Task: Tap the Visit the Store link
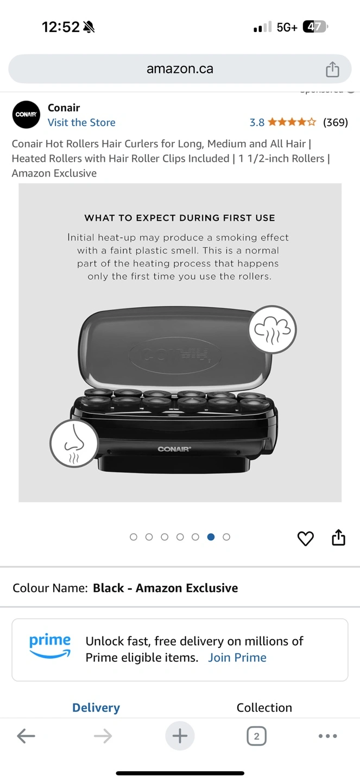pyautogui.click(x=81, y=123)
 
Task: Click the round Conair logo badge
pyautogui.click(x=26, y=115)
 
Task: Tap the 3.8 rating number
pyautogui.click(x=257, y=123)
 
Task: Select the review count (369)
pyautogui.click(x=336, y=122)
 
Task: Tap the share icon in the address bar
pyautogui.click(x=332, y=69)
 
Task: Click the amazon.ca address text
pyautogui.click(x=180, y=69)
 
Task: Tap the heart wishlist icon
pyautogui.click(x=306, y=538)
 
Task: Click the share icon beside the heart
pyautogui.click(x=338, y=537)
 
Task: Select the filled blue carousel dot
pyautogui.click(x=211, y=537)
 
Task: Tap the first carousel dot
pyautogui.click(x=134, y=537)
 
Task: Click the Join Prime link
pyautogui.click(x=237, y=657)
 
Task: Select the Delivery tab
pyautogui.click(x=96, y=708)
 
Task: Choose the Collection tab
pyautogui.click(x=264, y=708)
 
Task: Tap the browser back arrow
pyautogui.click(x=26, y=736)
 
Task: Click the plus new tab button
pyautogui.click(x=180, y=735)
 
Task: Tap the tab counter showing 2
pyautogui.click(x=257, y=736)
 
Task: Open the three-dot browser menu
pyautogui.click(x=328, y=736)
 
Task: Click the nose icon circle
pyautogui.click(x=74, y=443)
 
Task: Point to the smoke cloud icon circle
pyautogui.click(x=273, y=330)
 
